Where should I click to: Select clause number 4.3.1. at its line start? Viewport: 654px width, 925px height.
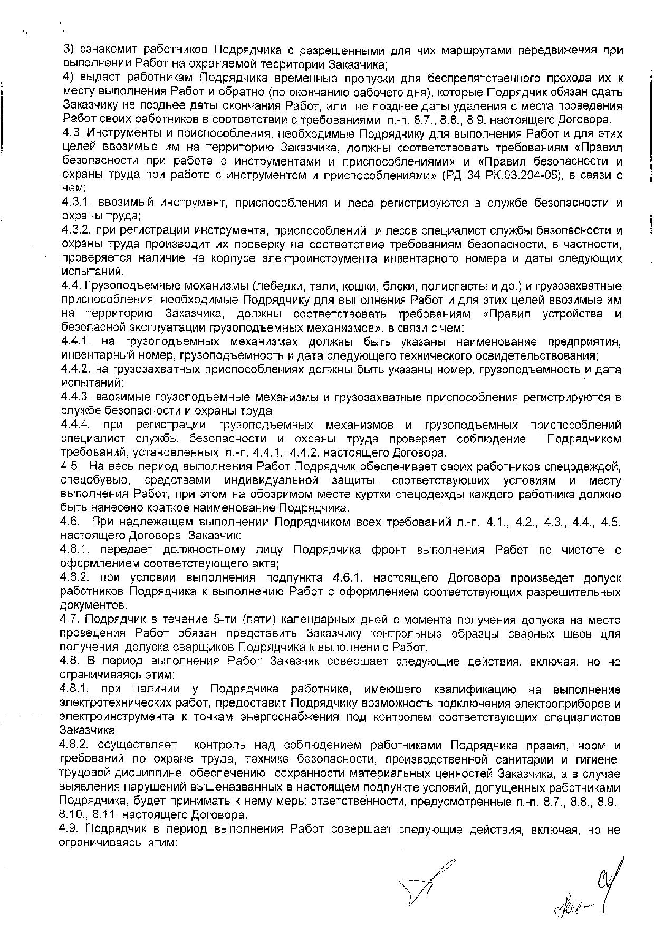75,203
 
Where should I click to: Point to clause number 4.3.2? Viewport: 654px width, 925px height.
75,230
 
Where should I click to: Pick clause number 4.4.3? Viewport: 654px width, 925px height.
75,397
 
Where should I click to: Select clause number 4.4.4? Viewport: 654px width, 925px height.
75,425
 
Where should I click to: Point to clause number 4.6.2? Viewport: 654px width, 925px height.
75,578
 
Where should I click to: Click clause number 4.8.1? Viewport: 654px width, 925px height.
75,689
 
